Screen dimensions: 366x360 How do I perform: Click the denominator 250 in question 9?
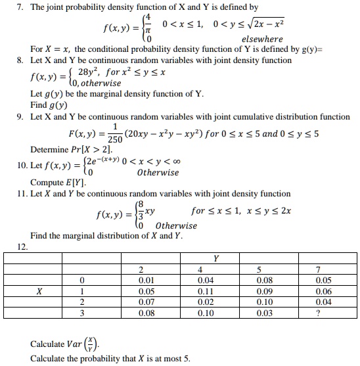(115, 140)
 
